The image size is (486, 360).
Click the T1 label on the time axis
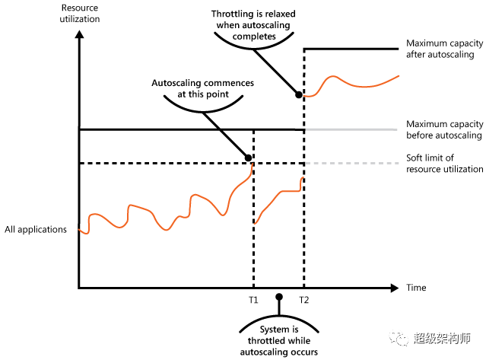tap(253, 300)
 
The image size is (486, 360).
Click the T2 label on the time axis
tap(304, 300)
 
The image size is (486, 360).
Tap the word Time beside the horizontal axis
tap(416, 288)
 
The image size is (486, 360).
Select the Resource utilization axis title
tap(80, 13)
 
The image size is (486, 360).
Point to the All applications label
tap(36, 229)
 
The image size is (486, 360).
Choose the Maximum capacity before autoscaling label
tap(444, 129)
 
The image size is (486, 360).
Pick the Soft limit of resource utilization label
tap(444, 164)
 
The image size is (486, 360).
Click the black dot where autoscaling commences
tap(248, 158)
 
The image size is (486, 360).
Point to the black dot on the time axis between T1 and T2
tap(279, 297)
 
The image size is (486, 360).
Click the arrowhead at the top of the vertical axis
tap(79, 34)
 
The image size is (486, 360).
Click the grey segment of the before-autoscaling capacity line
tap(350, 130)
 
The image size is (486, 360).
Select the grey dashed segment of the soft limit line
tap(350, 164)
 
